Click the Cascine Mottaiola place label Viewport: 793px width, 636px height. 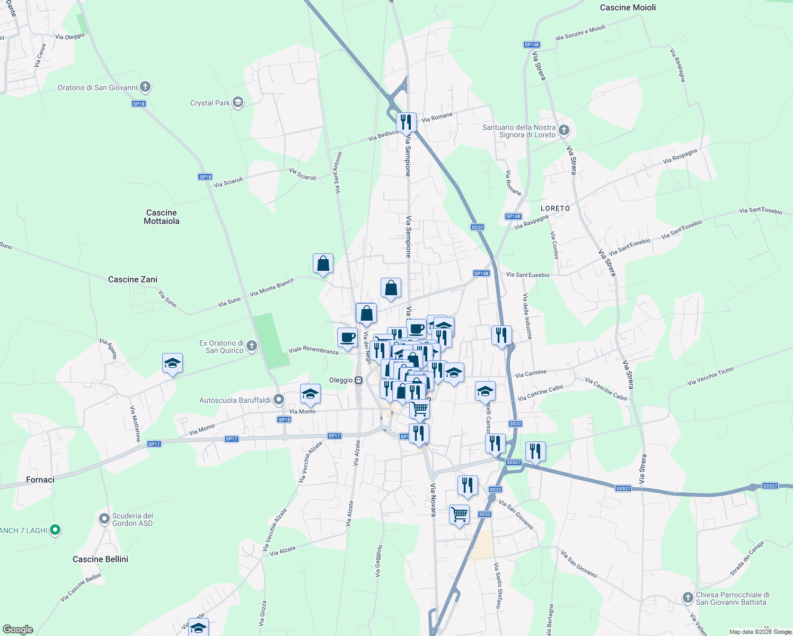click(x=162, y=217)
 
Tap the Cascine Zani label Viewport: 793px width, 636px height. click(x=133, y=279)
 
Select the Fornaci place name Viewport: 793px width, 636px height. click(x=40, y=480)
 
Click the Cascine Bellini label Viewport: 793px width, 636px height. click(x=100, y=559)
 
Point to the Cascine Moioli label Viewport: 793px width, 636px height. click(x=628, y=7)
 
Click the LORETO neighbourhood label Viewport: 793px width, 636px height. click(x=556, y=208)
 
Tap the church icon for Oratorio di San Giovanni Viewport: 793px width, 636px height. click(x=145, y=87)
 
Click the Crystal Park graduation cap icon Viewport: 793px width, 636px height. click(x=238, y=103)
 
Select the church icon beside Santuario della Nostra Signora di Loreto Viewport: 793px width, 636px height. click(x=563, y=130)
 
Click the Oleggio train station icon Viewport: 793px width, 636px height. click(x=359, y=380)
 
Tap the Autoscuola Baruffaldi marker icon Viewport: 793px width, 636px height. click(x=279, y=400)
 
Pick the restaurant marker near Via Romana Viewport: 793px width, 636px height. click(x=406, y=122)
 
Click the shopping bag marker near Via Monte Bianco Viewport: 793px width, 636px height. click(x=323, y=263)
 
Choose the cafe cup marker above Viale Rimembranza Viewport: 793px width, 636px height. click(x=347, y=338)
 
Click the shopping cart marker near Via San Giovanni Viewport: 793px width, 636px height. click(x=459, y=514)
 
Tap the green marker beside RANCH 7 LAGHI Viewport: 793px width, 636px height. click(x=56, y=530)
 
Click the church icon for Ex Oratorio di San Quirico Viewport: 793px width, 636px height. click(x=252, y=346)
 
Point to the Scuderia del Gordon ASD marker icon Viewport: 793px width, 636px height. click(x=104, y=519)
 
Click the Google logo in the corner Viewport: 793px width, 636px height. click(x=17, y=629)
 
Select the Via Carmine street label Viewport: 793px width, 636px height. click(x=531, y=374)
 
